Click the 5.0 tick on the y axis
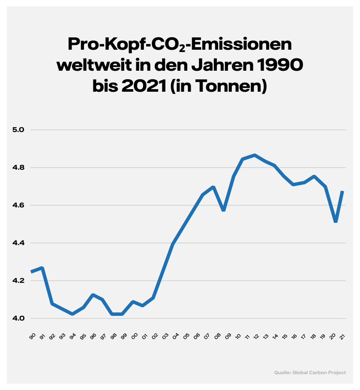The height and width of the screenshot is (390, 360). point(21,130)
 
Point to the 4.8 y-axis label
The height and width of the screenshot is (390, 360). point(21,168)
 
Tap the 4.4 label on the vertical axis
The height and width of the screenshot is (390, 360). point(21,243)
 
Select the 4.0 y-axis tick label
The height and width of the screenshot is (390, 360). point(21,318)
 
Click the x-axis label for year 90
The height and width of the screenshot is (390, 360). point(32,337)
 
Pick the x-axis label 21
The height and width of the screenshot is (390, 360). point(343,337)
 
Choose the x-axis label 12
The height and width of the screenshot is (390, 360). point(256,337)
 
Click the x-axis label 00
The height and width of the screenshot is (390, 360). point(134,337)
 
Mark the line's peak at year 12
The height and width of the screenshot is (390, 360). point(255,155)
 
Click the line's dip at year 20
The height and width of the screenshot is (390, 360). point(336,222)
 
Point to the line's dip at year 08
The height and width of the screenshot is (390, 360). point(224,210)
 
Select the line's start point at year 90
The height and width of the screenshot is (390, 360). point(32,272)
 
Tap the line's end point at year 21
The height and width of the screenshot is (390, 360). point(343,192)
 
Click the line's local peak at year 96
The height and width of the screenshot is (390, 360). point(93,295)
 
